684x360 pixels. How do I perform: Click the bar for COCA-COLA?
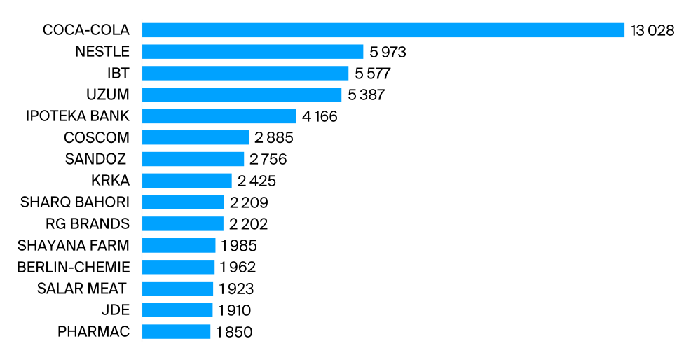[383, 30]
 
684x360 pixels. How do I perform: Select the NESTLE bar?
[252, 52]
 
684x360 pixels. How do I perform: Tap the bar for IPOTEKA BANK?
[219, 116]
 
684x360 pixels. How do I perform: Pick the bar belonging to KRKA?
[186, 181]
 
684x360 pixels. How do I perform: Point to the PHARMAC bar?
[176, 332]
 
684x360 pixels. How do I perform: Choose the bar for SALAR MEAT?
[177, 289]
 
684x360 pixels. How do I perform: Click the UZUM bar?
[241, 95]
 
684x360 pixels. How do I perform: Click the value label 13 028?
[652, 31]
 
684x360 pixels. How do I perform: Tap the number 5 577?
[372, 74]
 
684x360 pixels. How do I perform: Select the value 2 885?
[274, 138]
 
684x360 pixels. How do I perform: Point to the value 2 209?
[249, 202]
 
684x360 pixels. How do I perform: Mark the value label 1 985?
[238, 246]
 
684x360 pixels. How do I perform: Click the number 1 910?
[235, 310]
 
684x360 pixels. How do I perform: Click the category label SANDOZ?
[97, 159]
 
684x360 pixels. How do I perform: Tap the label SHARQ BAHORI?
[75, 202]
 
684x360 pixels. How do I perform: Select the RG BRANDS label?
[87, 224]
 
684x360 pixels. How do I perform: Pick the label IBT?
[120, 74]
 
